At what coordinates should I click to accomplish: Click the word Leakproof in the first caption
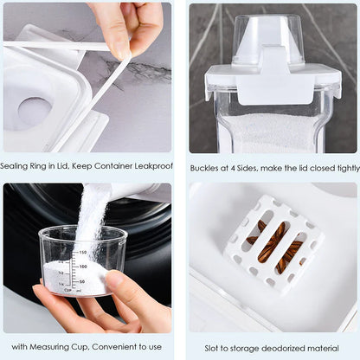click(x=152, y=166)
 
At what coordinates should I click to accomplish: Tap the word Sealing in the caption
click(x=17, y=166)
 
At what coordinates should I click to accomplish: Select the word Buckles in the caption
click(x=206, y=166)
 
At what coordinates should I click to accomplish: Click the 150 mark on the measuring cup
click(x=83, y=252)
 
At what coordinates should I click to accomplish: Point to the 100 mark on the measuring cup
click(x=83, y=267)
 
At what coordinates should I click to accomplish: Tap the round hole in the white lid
click(x=34, y=112)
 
